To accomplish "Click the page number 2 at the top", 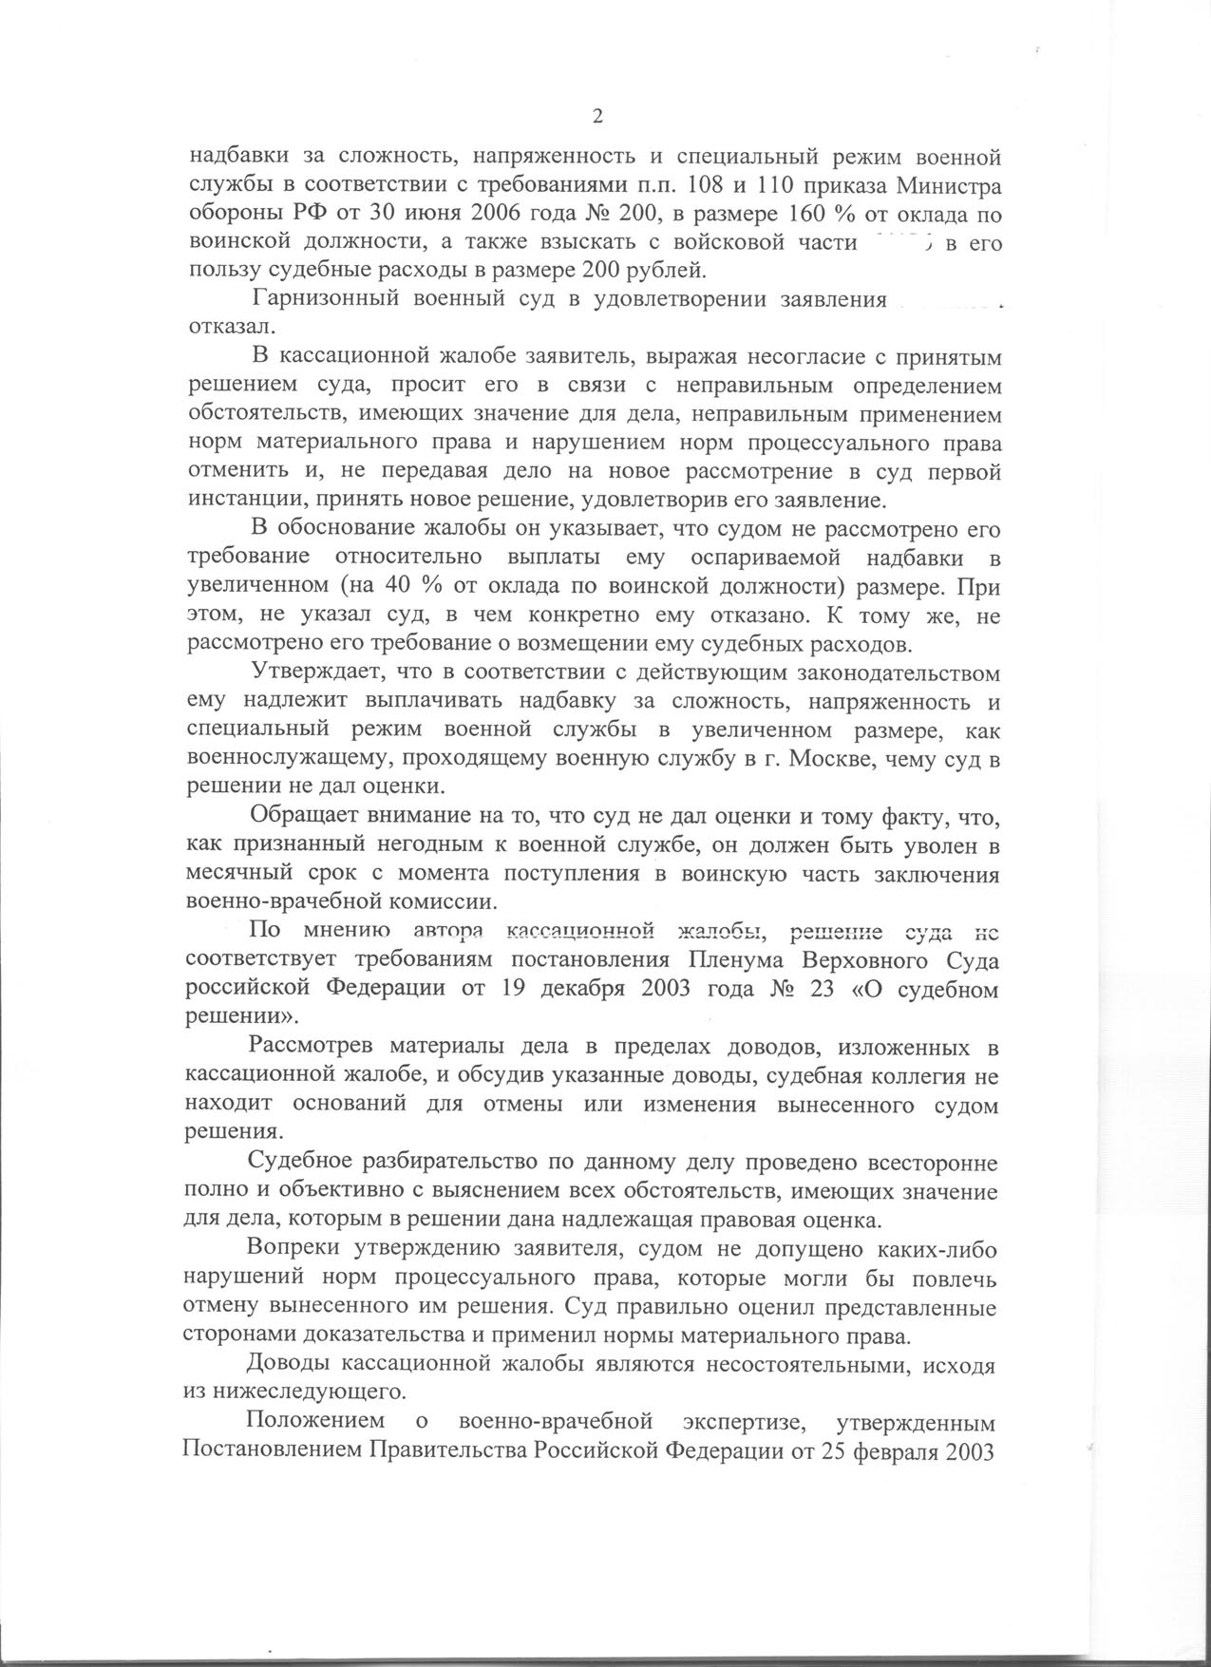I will [x=597, y=117].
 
